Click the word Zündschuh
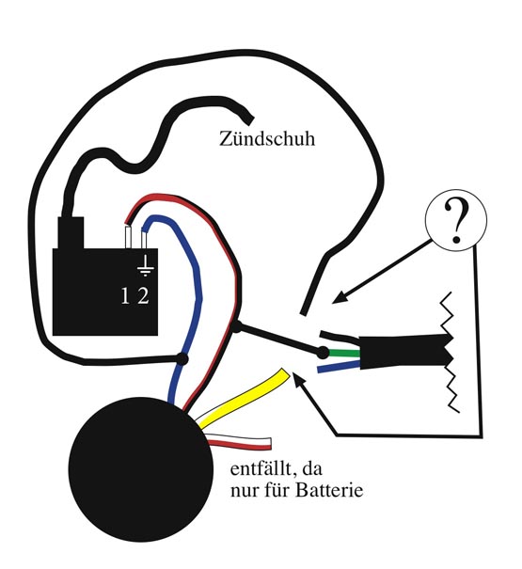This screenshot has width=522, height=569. (267, 138)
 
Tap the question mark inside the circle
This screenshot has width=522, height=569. (454, 221)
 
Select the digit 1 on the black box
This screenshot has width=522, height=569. (125, 295)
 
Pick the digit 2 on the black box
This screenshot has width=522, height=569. (143, 295)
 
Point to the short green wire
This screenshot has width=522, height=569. (344, 353)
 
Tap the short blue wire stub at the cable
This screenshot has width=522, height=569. (339, 367)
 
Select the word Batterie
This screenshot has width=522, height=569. (329, 490)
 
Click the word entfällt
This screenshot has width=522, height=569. (261, 468)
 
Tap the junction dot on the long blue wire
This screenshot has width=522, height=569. (182, 359)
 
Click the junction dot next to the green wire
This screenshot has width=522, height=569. (323, 353)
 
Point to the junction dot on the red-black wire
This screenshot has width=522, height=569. (236, 327)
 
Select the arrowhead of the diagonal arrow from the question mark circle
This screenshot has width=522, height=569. (340, 297)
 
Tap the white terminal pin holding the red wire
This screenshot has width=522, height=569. (127, 237)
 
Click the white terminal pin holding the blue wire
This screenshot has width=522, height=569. (144, 240)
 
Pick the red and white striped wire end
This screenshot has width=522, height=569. (268, 443)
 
